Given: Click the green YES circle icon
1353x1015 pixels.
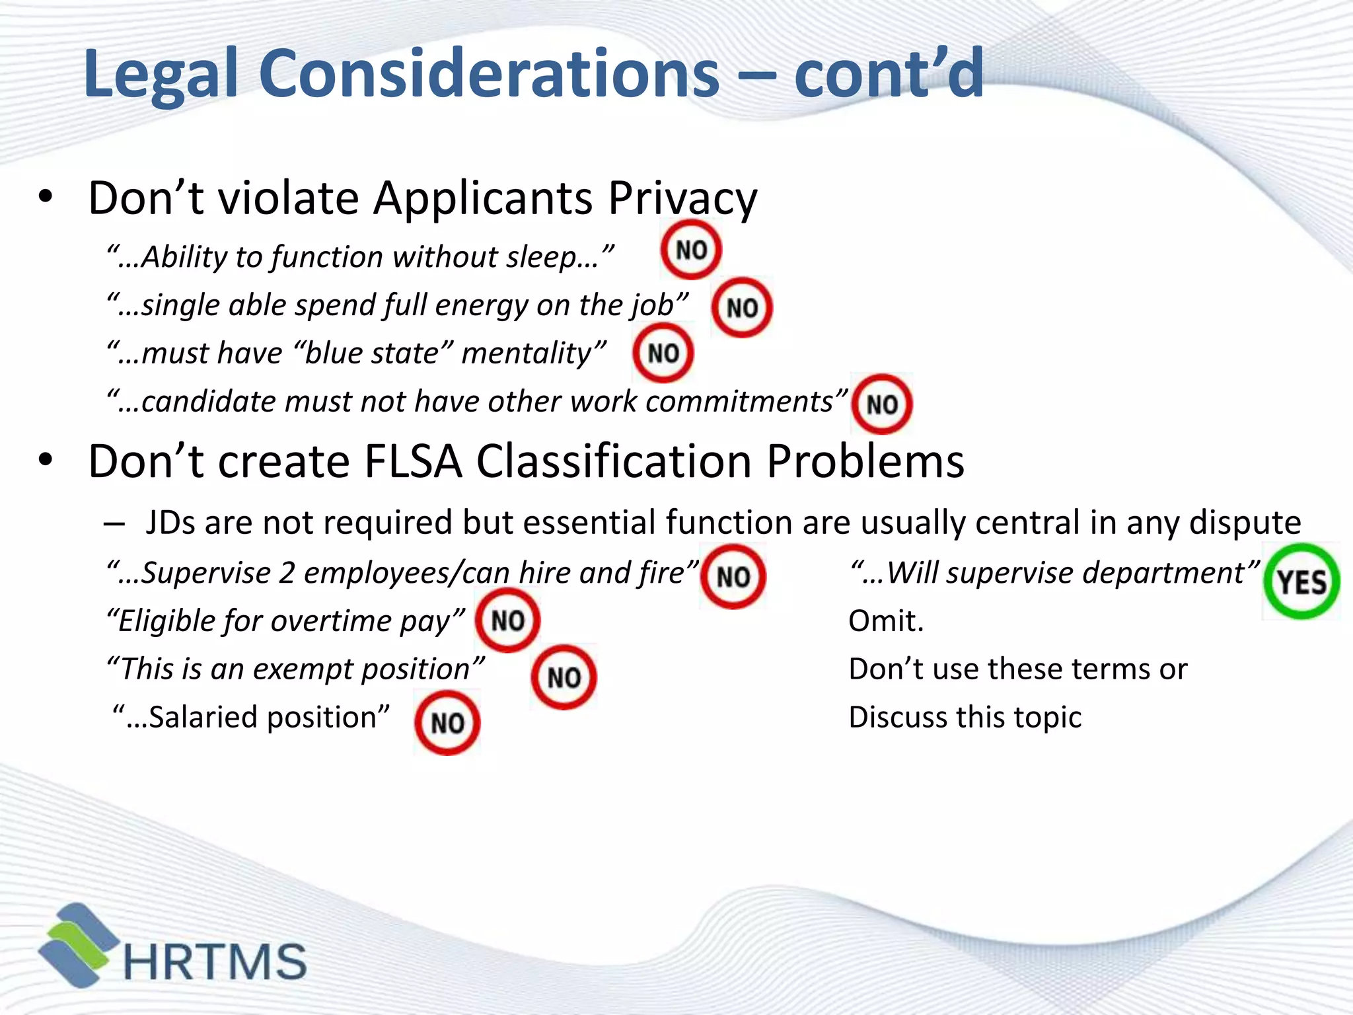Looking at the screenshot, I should pos(1301,582).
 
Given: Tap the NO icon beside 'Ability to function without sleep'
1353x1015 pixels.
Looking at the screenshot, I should pos(691,250).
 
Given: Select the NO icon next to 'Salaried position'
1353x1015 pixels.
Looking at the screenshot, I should pos(447,722).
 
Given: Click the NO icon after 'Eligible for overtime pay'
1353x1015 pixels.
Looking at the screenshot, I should pos(507,620).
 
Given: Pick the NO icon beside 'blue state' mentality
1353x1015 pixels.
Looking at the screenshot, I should pos(663,353).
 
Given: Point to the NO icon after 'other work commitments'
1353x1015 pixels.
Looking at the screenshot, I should pos(881,404).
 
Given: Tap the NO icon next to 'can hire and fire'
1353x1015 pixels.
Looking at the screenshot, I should pos(733,576).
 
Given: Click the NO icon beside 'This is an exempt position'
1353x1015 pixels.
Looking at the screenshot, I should pos(564,677).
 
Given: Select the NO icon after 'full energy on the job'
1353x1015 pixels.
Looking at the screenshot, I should pos(742,307).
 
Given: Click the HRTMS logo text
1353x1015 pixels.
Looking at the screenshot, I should pos(215,961).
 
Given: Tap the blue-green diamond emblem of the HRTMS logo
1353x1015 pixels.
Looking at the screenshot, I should pos(78,945).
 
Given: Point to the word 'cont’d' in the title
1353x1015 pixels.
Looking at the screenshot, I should pos(889,74).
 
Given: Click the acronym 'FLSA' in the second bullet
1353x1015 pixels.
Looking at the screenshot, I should pos(413,461).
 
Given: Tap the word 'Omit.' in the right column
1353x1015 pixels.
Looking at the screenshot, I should pos(886,621).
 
